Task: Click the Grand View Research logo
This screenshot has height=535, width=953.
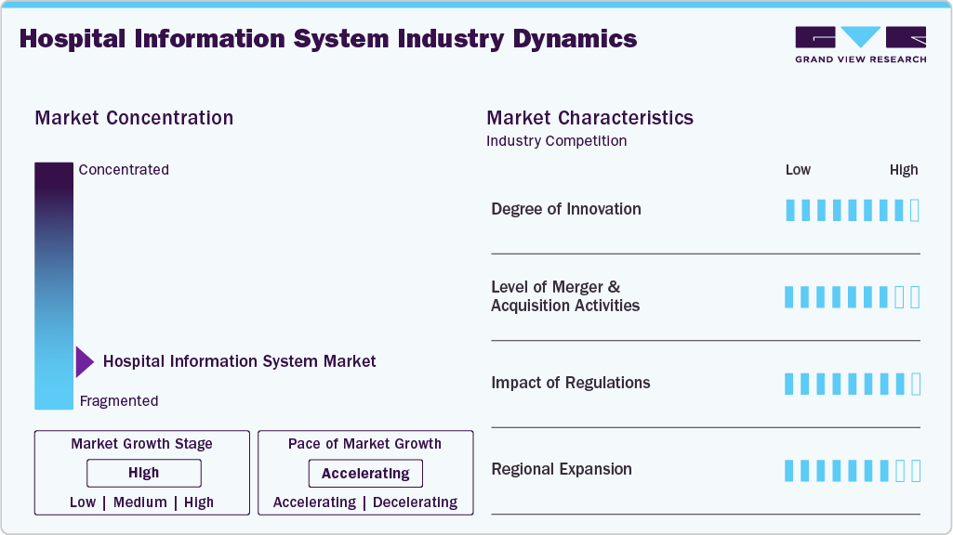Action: click(x=860, y=44)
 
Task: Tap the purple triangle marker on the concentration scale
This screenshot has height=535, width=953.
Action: click(x=85, y=361)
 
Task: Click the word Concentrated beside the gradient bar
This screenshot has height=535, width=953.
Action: click(x=124, y=170)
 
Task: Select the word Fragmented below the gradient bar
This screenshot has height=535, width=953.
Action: click(x=119, y=401)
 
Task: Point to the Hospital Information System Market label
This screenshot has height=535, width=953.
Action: click(x=239, y=361)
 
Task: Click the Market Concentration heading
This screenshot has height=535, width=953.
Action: click(x=134, y=118)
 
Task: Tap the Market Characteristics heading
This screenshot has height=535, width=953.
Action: click(x=589, y=118)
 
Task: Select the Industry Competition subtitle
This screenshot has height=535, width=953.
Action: click(x=556, y=141)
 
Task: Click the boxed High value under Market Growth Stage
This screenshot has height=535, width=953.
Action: click(x=144, y=473)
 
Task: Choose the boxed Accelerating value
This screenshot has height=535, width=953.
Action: click(x=365, y=474)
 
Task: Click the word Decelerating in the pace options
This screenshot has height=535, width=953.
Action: click(x=414, y=502)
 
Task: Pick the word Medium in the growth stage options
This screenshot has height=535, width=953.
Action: click(x=140, y=502)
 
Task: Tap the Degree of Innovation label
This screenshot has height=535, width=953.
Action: click(x=565, y=209)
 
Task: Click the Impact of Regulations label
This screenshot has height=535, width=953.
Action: click(x=570, y=383)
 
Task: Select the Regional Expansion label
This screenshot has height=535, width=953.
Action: click(x=561, y=469)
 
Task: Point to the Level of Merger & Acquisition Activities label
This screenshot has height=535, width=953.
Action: click(x=564, y=296)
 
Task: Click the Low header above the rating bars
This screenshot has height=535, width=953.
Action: click(x=798, y=170)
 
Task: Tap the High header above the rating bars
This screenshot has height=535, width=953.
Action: click(x=904, y=170)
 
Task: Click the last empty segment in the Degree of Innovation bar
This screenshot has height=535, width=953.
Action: click(x=915, y=210)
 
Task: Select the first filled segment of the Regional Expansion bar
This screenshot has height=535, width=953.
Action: click(x=789, y=471)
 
